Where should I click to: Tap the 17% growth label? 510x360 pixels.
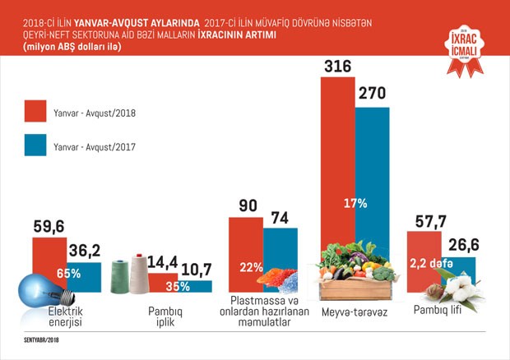pos(354,201)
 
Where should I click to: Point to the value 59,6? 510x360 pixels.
pos(49,224)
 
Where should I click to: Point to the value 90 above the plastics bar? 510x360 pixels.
pos(244,205)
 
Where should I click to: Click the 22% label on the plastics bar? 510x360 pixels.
pos(250,267)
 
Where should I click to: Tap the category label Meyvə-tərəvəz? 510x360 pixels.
pos(355,315)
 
